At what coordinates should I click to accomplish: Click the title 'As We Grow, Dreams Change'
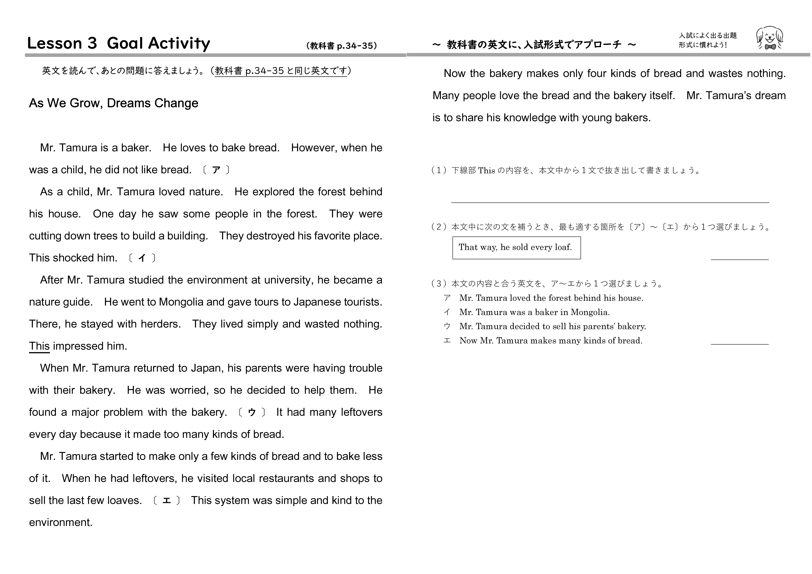tap(114, 103)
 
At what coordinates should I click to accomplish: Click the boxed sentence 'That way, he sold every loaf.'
tap(516, 247)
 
